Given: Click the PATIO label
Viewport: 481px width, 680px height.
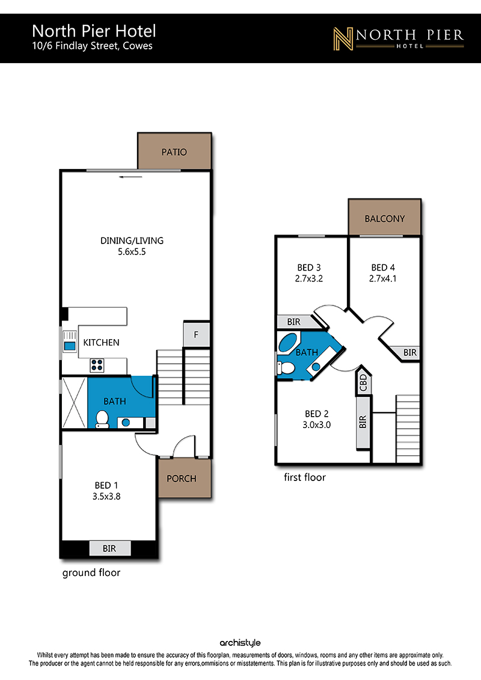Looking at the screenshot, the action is (174, 152).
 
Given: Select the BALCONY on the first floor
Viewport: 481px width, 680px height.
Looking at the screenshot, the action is (384, 217).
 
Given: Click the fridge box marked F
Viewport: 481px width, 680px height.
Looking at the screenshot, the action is (197, 334).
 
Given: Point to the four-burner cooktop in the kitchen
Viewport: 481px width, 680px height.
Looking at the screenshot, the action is (97, 365).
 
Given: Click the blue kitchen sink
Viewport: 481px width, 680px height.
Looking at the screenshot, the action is (69, 346).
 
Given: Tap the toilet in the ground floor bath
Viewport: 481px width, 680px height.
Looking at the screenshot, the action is (102, 419).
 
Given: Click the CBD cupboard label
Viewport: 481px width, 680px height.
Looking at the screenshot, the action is (364, 382).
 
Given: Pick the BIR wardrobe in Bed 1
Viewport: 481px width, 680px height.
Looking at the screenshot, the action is (110, 548).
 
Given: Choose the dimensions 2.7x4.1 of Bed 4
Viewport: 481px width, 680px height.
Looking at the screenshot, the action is (382, 278).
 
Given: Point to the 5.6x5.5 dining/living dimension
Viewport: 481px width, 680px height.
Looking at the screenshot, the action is (132, 251).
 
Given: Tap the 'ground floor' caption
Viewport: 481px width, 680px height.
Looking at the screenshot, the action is (91, 573).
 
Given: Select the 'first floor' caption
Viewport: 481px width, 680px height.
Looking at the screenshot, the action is (305, 477).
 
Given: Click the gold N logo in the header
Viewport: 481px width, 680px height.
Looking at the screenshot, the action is (343, 38).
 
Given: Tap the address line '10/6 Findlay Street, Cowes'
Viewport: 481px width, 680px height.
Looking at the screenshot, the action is (93, 46).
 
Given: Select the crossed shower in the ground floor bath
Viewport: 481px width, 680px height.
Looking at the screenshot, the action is (74, 403).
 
